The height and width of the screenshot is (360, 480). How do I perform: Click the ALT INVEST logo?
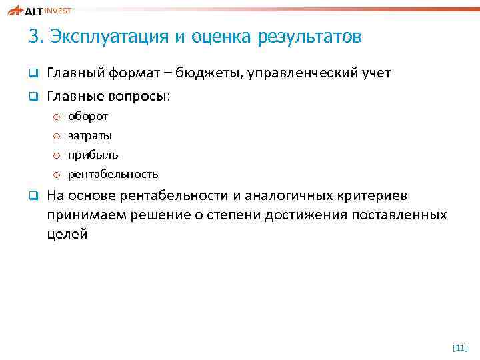click(39, 10)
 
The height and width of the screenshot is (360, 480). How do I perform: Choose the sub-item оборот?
click(88, 117)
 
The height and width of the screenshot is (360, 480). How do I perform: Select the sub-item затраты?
click(90, 136)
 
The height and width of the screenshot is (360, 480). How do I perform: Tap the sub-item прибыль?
click(93, 155)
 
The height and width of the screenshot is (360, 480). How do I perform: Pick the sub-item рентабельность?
click(113, 175)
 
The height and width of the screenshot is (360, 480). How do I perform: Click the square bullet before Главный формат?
click(31, 73)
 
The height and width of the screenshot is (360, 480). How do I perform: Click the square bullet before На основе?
click(31, 196)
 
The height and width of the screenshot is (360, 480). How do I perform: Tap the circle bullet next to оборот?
click(57, 117)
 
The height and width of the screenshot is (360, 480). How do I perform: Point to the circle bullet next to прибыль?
click(57, 155)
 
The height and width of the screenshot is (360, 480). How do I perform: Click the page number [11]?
click(460, 347)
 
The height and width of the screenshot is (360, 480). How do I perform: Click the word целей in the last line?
click(67, 235)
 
